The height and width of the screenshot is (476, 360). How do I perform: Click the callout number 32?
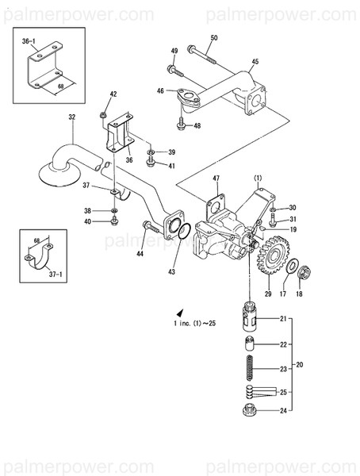pyautogui.click(x=71, y=117)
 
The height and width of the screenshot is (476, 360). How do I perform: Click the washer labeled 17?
pyautogui.click(x=290, y=267)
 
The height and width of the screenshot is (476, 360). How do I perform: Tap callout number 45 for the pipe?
pyautogui.click(x=254, y=61)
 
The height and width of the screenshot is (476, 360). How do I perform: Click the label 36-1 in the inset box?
pyautogui.click(x=29, y=40)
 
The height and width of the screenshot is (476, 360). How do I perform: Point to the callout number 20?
pyautogui.click(x=299, y=366)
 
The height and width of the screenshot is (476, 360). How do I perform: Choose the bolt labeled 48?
pyautogui.click(x=182, y=124)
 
